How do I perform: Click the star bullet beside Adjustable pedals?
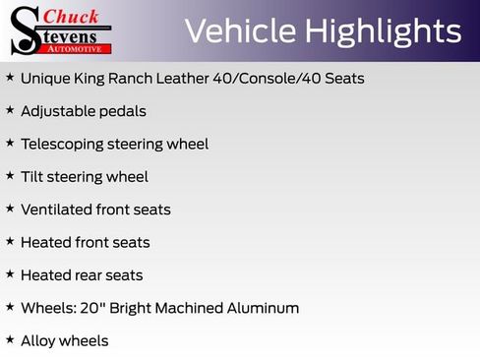[x=10, y=110]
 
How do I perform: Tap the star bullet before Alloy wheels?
[x=10, y=339]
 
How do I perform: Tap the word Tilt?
[x=33, y=176]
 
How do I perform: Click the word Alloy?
[x=38, y=341]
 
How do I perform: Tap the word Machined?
[x=187, y=308]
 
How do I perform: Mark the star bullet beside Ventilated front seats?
[x=10, y=209]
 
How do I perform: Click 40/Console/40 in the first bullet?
[x=276, y=78]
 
